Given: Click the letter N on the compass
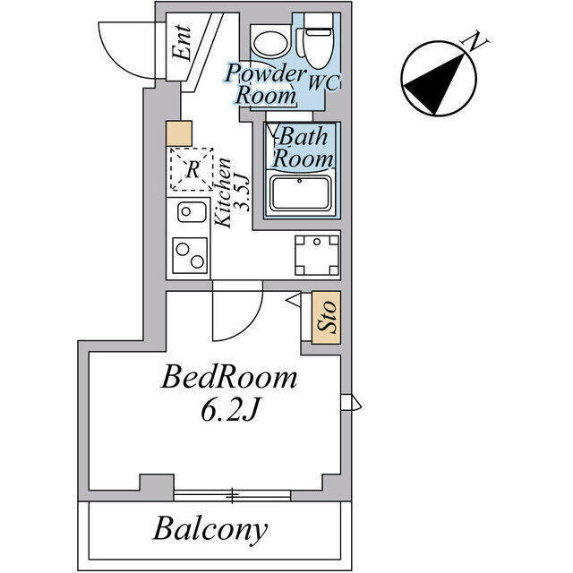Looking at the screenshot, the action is click(x=475, y=41).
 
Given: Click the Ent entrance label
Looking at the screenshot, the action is click(x=182, y=43).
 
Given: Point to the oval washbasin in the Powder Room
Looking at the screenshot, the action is click(x=270, y=44).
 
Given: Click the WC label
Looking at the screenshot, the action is click(x=324, y=82).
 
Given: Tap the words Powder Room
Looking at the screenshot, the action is click(x=265, y=84).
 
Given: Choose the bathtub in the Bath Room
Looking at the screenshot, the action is click(x=301, y=193).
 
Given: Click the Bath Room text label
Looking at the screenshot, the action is click(x=303, y=148).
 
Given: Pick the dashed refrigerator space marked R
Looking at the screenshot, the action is click(x=192, y=169).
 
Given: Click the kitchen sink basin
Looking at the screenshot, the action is click(x=192, y=212).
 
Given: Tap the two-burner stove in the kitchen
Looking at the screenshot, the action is click(x=190, y=255).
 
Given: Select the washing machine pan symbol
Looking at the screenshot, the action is click(x=317, y=255).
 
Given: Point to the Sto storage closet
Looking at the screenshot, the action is click(x=326, y=318).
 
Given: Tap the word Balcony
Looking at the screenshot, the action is click(x=210, y=529).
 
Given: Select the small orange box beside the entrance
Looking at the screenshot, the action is click(x=179, y=133).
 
